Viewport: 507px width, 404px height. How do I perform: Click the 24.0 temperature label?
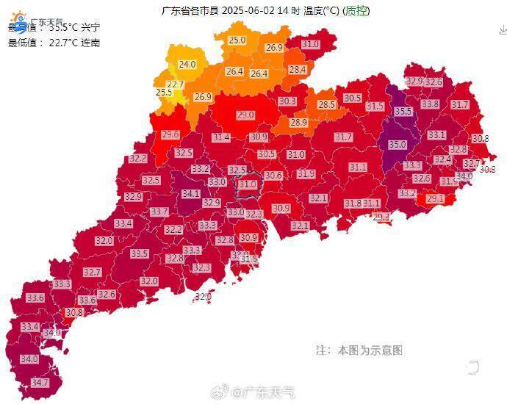pos(187,65)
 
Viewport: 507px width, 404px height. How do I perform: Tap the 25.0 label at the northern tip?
pos(237,40)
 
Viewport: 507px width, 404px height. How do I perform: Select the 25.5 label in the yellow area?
pos(164,93)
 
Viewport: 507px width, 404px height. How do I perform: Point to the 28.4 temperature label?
pos(297,70)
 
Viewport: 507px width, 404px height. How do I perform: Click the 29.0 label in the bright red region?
pos(245,115)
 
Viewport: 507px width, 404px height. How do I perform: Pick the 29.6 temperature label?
pos(170,134)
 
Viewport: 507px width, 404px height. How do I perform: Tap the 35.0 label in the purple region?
pos(398,145)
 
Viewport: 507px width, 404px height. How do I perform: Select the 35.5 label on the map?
pos(403,112)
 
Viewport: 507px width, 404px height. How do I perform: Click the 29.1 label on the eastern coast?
pos(435,198)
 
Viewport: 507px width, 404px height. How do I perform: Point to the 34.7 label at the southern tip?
pos(40,383)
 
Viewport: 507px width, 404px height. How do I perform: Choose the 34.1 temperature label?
pos(191,194)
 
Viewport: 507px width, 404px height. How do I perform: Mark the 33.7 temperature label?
pos(159,212)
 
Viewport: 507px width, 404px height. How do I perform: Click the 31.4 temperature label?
pos(221,137)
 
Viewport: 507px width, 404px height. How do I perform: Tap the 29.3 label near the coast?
pos(381,217)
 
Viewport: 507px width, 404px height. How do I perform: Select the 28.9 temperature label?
pos(298,123)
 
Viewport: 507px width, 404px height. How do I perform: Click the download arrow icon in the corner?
pos(502,30)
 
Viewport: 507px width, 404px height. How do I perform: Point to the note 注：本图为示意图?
pos(359,350)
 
